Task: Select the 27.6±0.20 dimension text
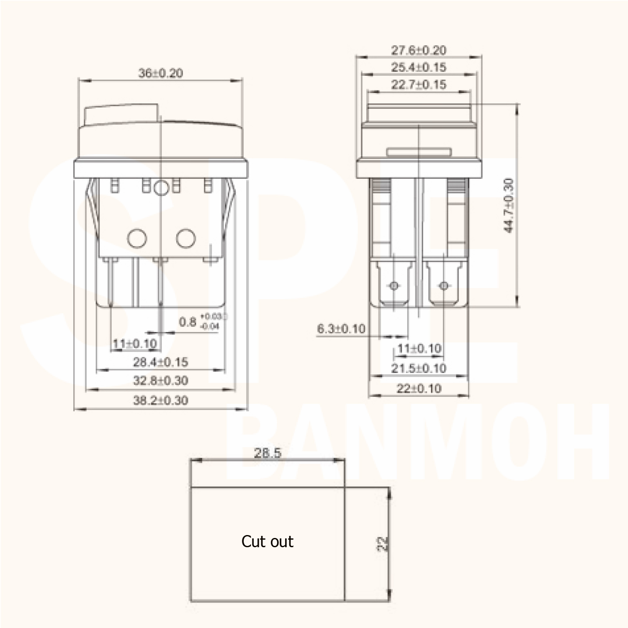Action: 419,50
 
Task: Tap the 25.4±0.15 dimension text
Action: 419,67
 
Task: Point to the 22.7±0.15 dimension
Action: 419,84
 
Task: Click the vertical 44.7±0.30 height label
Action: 508,205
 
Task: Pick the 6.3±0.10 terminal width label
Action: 341,329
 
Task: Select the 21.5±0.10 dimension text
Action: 419,368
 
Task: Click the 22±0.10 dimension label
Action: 419,389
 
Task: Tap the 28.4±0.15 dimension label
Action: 161,362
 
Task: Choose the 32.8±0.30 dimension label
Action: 161,381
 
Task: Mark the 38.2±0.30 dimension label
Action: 161,400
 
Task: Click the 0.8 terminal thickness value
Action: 188,322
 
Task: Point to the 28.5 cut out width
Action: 268,453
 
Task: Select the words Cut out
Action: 267,541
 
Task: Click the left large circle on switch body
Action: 137,239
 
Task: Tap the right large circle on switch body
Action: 186,239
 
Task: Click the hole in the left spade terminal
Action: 394,286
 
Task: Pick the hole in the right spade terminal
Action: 444,286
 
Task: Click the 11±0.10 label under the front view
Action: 135,344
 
